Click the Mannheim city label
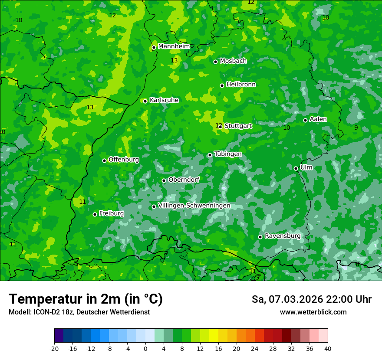tap(174, 46)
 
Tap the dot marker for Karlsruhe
tap(145, 101)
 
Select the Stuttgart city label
tap(238, 126)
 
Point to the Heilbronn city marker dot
tap(222, 85)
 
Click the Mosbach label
tap(233, 61)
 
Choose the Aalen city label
tap(318, 119)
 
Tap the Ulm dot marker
tap(296, 168)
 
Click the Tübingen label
tap(228, 154)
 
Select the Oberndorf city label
tap(184, 180)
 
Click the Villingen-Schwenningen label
tap(194, 206)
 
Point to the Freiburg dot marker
tap(95, 214)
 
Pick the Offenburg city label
tap(124, 160)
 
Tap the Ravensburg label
tap(283, 236)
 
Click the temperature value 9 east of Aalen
tap(356, 128)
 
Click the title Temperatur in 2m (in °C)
tap(86, 299)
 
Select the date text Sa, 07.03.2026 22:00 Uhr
tap(311, 299)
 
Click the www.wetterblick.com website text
tap(313, 312)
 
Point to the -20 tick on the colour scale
tap(54, 348)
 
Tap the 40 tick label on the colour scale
tap(328, 348)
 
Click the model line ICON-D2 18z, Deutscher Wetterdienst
tap(79, 312)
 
